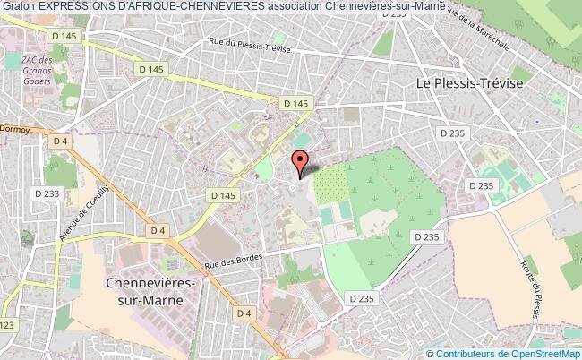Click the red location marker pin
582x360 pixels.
(301, 162)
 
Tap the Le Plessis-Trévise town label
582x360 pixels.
(470, 81)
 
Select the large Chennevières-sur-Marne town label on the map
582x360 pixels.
(143, 292)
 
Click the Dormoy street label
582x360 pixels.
(15, 127)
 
